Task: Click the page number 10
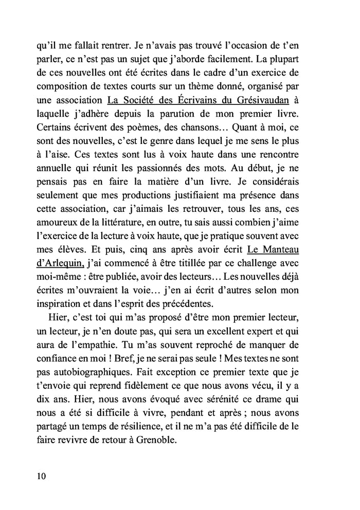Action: coord(41,476)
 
